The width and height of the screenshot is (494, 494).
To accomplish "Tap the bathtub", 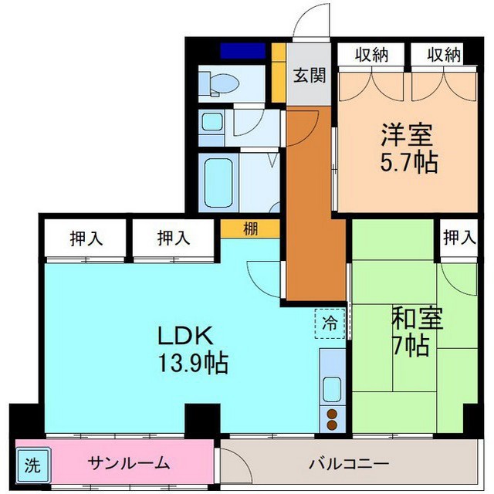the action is click(218, 183).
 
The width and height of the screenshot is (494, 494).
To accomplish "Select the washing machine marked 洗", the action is click(32, 465).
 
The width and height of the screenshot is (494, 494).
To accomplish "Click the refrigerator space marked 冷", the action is click(330, 323).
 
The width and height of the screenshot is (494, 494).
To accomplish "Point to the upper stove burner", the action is click(332, 414).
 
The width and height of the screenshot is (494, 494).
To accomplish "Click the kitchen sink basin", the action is click(332, 389).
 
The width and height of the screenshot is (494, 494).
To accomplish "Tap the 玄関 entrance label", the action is click(310, 76).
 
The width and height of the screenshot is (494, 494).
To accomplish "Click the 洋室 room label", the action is click(407, 135).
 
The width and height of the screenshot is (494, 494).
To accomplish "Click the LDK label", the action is click(185, 335).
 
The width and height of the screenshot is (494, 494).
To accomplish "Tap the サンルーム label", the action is click(129, 463).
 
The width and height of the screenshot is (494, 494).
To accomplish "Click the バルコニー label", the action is click(349, 464).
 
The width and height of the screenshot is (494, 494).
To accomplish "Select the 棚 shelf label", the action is click(250, 228).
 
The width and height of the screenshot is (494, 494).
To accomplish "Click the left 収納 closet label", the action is click(372, 55).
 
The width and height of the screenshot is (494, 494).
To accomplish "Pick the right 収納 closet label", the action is click(445, 55).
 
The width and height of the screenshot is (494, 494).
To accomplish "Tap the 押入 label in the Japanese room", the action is click(459, 238).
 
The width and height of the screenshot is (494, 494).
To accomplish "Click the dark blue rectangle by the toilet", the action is click(243, 51).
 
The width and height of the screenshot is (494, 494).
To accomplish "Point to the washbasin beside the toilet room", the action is click(211, 122).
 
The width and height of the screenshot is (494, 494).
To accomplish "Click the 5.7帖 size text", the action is click(409, 162).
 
